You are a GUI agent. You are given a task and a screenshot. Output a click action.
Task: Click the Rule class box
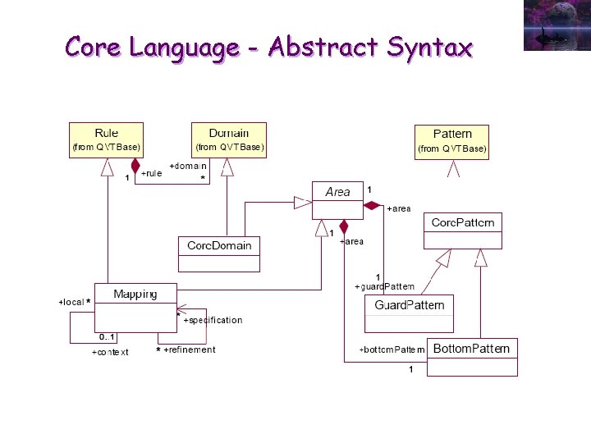point(106,139)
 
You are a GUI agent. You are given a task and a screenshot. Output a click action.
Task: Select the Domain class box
point(228,139)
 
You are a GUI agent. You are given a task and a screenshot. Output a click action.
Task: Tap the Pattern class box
point(452,140)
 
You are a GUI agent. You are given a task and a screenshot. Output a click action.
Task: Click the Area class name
point(337,192)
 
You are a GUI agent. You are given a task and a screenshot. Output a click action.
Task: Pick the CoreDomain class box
point(219,246)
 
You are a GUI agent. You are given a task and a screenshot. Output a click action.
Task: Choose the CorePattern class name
point(463,222)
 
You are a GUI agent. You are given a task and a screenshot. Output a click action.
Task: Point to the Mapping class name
point(135,294)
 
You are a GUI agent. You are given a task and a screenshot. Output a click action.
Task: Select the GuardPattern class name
point(409,305)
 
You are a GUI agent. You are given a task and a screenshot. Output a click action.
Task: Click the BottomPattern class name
point(471,349)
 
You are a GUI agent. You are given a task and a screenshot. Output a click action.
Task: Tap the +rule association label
point(151,174)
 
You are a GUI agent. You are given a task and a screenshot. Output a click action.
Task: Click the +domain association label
point(188,166)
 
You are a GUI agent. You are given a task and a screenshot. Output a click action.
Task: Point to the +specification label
point(213,320)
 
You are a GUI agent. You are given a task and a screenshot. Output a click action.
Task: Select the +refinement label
point(190,350)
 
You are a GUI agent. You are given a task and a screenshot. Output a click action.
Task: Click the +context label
point(110,353)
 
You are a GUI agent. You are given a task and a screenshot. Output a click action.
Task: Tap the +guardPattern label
point(384,286)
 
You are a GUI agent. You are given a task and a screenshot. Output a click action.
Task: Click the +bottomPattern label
point(392,350)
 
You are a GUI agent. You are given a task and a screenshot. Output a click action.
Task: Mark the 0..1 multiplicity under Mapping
point(108,337)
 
